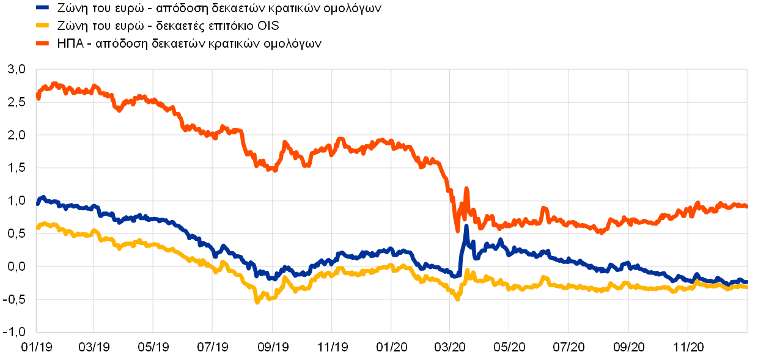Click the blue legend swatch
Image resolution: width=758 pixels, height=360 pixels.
pyautogui.click(x=42, y=7)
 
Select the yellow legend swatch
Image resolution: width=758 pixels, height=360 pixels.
pyautogui.click(x=42, y=25)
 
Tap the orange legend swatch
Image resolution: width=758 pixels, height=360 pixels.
pyautogui.click(x=42, y=43)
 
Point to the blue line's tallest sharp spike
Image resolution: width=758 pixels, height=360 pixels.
pyautogui.click(x=466, y=227)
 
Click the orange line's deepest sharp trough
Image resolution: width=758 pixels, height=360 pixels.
pyautogui.click(x=457, y=230)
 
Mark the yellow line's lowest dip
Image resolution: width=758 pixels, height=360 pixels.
pyautogui.click(x=257, y=301)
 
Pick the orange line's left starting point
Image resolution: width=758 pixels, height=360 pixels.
pyautogui.click(x=38, y=97)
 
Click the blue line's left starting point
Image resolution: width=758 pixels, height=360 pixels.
pyautogui.click(x=38, y=203)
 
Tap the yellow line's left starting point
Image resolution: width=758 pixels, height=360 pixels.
pyautogui.click(x=38, y=228)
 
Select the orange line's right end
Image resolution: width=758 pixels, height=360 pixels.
pyautogui.click(x=746, y=206)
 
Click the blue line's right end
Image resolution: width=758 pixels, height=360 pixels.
pyautogui.click(x=746, y=282)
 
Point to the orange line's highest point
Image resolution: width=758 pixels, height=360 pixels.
pyautogui.click(x=55, y=83)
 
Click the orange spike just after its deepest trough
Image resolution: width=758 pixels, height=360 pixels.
pyautogui.click(x=466, y=189)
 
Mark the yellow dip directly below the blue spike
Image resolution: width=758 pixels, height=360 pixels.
pyautogui.click(x=457, y=299)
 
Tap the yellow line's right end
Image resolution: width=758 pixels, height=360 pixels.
pyautogui.click(x=746, y=287)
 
